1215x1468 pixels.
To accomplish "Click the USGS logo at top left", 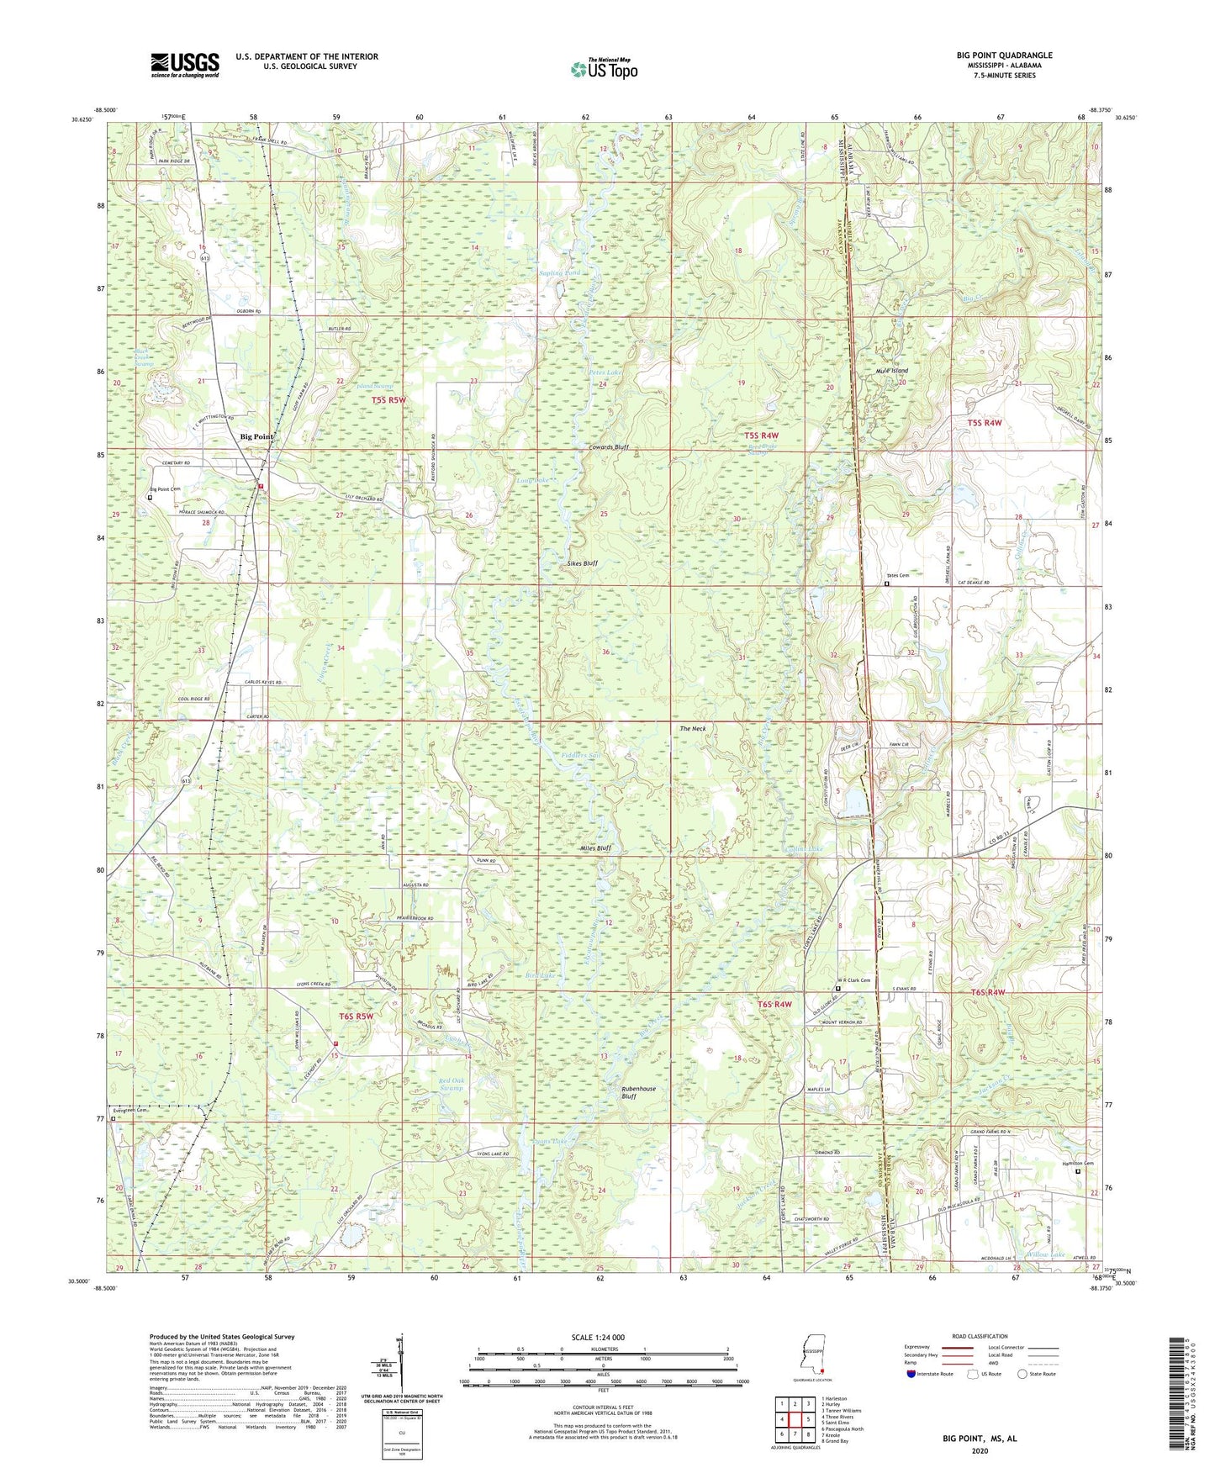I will point(185,65).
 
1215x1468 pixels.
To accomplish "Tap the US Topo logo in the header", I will point(604,69).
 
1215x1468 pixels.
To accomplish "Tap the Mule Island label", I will point(891,371).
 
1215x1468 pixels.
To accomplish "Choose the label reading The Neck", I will point(692,728).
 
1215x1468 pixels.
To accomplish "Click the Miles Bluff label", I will point(595,848).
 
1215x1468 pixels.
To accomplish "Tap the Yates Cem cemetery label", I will point(897,575).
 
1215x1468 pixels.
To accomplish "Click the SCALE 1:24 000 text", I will point(596,1337).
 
